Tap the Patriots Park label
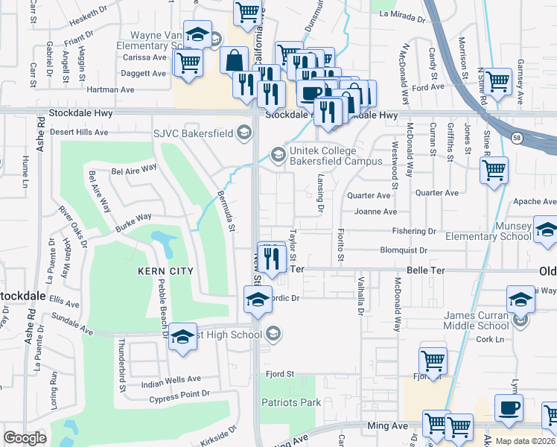pos(290,402)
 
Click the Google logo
pos(25,438)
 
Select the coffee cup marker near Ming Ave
pos(509,408)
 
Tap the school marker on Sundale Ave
pos(182,337)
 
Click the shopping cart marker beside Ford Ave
pos(497,81)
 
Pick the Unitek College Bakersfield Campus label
pos(325,155)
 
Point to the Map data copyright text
pos(526,441)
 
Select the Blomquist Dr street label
pos(404,250)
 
